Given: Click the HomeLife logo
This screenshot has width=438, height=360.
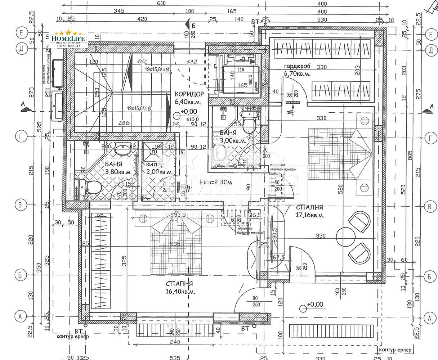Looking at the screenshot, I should pos(68,39).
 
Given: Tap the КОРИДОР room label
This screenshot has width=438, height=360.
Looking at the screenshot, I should pos(189,94).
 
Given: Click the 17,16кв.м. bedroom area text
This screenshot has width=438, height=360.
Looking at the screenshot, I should pos(310,215).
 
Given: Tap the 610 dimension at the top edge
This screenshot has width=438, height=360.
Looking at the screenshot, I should pos(161,3).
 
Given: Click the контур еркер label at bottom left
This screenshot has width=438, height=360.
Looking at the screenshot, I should pos(72,337).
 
